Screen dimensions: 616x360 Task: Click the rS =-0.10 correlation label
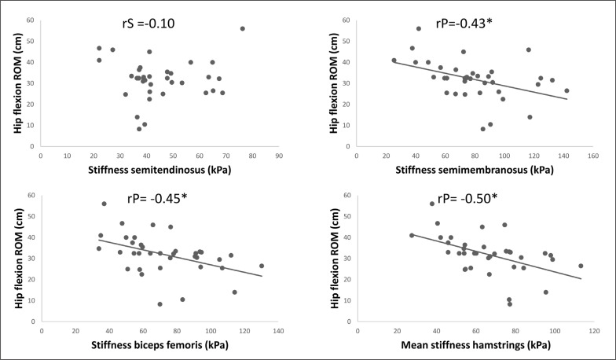click(x=148, y=24)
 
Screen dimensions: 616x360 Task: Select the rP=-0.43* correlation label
click(x=464, y=24)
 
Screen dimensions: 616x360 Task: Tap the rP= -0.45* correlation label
click(x=157, y=198)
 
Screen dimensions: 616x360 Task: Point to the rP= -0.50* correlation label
click(x=467, y=198)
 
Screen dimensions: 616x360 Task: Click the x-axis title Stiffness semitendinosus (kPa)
click(x=159, y=171)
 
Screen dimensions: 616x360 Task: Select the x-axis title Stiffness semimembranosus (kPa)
click(x=475, y=171)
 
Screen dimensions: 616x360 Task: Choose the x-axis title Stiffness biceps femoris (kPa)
click(x=160, y=346)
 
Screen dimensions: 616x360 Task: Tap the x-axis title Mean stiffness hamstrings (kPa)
click(x=476, y=346)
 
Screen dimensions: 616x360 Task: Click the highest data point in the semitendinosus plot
click(x=242, y=28)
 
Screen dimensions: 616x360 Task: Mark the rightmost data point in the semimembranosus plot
click(x=566, y=91)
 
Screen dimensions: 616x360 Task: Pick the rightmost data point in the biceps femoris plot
click(x=262, y=266)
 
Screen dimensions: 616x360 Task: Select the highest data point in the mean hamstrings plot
click(x=432, y=204)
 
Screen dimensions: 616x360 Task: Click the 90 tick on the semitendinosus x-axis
click(x=279, y=156)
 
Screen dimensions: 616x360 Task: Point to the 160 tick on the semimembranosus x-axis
click(x=593, y=156)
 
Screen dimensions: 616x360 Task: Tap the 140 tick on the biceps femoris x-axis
click(x=278, y=332)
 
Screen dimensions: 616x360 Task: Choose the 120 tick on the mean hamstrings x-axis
click(x=594, y=332)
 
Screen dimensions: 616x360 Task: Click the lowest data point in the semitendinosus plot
click(x=139, y=129)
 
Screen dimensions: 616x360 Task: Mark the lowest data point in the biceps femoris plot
click(x=160, y=304)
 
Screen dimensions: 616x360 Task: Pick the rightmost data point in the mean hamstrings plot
click(x=581, y=266)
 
